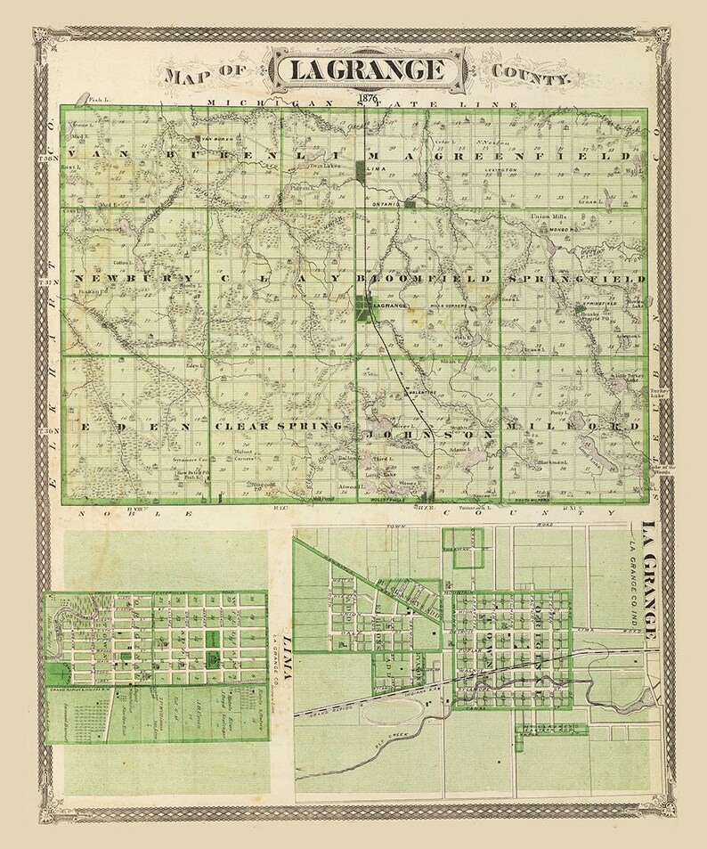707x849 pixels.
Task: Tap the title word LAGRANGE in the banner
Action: pos(370,69)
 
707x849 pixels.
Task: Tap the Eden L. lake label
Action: pos(190,363)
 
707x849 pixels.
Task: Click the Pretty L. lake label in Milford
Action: pos(559,415)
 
